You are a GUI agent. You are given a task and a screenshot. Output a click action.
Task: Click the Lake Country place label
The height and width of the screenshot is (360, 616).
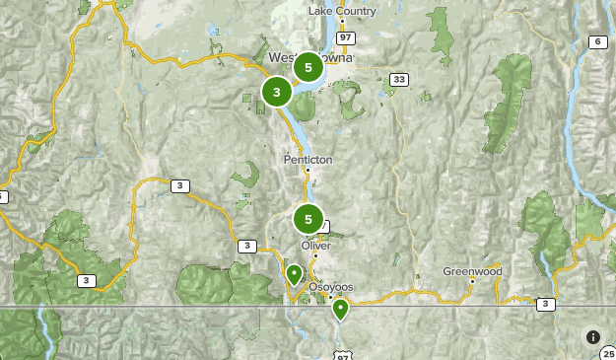(342, 11)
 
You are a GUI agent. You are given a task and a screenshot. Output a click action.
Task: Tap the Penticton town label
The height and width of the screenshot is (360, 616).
(308, 159)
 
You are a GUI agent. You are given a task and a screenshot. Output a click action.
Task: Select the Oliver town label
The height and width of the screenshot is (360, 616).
(316, 246)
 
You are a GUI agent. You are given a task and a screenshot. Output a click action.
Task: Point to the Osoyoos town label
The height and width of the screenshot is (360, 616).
(331, 287)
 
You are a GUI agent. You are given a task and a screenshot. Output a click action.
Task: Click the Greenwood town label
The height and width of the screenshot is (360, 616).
(472, 271)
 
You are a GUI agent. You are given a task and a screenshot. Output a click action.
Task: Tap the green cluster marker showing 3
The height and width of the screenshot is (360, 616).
(277, 93)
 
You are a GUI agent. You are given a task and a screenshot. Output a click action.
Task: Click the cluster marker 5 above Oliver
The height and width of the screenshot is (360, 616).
(308, 219)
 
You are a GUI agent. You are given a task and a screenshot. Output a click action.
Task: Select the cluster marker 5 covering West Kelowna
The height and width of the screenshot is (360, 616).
(308, 67)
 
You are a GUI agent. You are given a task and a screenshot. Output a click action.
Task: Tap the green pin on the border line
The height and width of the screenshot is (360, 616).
(341, 309)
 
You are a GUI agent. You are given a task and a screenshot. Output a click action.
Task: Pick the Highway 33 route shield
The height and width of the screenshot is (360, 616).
(398, 79)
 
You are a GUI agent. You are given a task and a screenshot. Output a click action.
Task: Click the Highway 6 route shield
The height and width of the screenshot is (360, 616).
(597, 40)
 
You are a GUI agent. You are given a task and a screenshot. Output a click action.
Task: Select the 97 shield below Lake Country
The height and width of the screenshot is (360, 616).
(344, 37)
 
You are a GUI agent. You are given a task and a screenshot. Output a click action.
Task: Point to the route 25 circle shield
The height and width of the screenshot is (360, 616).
(607, 353)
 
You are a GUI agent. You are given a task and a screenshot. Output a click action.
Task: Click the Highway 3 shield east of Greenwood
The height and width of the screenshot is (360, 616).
(545, 304)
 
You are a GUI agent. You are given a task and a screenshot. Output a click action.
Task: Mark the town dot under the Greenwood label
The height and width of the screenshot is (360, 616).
(472, 282)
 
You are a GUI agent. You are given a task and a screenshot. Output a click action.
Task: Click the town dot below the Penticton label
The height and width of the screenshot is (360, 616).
(308, 170)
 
